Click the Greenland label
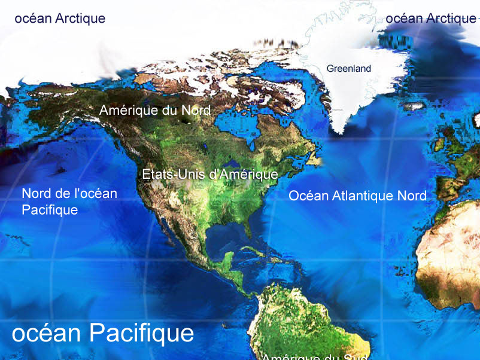click(x=348, y=69)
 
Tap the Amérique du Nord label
click(x=154, y=111)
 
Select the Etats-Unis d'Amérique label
click(x=209, y=175)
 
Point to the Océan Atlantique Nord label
click(x=357, y=196)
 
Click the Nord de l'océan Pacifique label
click(x=69, y=202)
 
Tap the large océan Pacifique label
click(x=102, y=334)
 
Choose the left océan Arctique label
click(x=59, y=19)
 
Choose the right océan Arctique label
click(x=430, y=19)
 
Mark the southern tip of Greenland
click(x=340, y=130)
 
